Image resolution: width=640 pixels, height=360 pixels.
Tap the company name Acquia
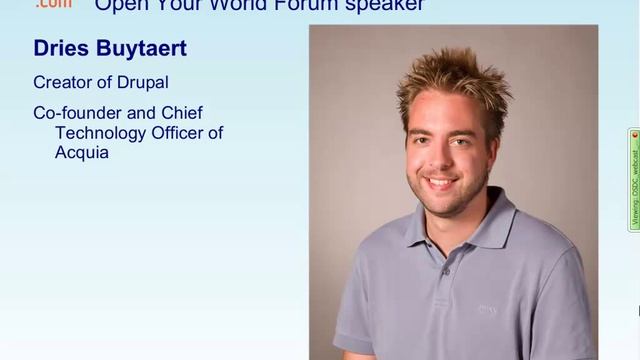[82, 153]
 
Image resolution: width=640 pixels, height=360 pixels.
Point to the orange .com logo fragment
[53, 4]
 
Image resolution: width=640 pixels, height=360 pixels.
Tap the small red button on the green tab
[634, 135]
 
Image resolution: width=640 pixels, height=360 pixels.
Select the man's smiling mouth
[442, 183]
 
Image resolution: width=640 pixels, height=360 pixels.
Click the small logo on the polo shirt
[487, 310]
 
